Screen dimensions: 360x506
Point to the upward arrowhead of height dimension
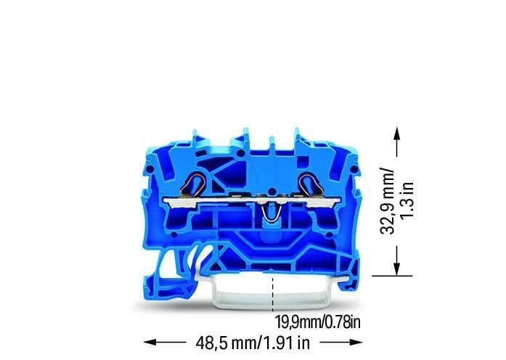(396, 133)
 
